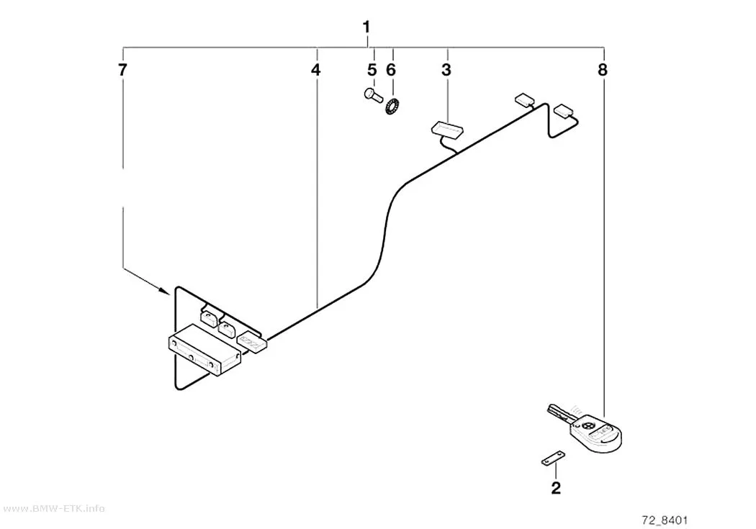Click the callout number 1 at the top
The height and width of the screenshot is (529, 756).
click(x=366, y=27)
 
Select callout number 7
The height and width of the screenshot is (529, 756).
click(x=122, y=71)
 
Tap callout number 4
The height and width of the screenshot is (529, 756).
click(x=315, y=71)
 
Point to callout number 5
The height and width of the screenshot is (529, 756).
click(x=372, y=71)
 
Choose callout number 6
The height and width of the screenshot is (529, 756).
click(x=391, y=71)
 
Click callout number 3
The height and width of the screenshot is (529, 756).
click(x=446, y=71)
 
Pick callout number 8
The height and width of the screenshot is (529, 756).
click(x=603, y=71)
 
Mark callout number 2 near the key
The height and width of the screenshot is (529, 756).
click(x=556, y=488)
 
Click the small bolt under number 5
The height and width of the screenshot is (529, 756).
click(x=373, y=95)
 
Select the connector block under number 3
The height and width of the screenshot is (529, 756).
click(x=447, y=129)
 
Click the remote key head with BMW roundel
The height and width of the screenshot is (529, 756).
click(x=596, y=433)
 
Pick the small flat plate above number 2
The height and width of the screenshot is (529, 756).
click(x=553, y=458)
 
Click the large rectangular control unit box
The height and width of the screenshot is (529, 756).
click(x=204, y=349)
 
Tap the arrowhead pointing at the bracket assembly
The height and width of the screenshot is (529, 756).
click(x=166, y=291)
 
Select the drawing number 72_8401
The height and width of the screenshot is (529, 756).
click(x=665, y=520)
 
